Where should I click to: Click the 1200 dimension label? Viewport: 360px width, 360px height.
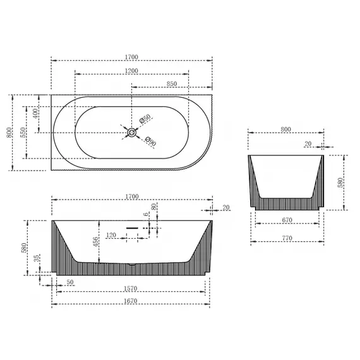point(131,71)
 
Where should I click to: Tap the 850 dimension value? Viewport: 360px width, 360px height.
point(172,84)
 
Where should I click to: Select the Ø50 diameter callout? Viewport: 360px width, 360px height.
point(145,119)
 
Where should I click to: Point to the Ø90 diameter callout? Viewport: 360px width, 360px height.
point(150,141)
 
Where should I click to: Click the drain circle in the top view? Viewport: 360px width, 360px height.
point(132,133)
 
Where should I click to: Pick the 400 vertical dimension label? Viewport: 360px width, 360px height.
point(35,114)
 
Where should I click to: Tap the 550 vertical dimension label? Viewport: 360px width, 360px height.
point(23,133)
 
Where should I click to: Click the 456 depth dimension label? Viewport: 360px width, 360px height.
point(95,242)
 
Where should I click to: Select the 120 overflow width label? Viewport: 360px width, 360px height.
point(111,235)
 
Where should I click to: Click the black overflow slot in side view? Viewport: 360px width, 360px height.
point(132,228)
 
